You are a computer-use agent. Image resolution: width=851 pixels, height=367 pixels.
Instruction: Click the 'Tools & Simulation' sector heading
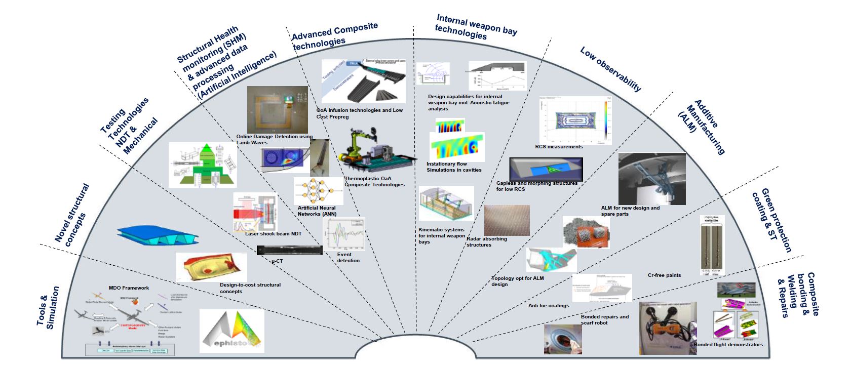48,308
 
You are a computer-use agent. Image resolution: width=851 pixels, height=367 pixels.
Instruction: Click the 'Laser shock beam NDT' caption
273,234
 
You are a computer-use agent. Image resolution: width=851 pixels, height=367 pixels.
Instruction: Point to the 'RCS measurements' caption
559,147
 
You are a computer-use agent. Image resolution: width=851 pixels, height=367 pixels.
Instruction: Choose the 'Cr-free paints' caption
664,275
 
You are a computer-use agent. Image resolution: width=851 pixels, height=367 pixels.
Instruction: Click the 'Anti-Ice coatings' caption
549,306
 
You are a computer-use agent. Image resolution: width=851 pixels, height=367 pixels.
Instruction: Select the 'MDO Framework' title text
129,288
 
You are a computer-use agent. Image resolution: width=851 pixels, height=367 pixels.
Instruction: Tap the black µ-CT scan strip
289,250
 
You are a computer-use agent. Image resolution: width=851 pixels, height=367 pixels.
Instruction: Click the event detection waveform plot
343,233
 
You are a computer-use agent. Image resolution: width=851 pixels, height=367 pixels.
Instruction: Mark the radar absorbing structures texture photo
507,220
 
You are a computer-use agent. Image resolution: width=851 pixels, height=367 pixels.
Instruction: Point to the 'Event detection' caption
348,258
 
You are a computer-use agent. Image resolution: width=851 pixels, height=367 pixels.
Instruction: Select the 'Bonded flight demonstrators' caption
728,345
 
